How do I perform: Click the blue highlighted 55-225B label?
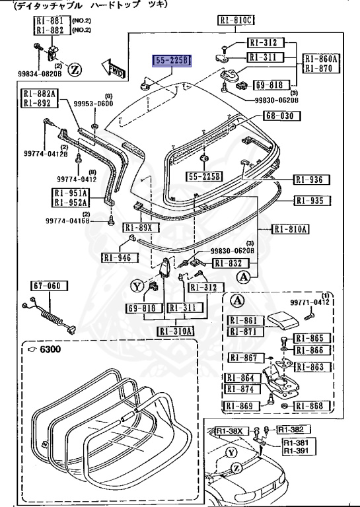(172, 61)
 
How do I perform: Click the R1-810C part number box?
(236, 20)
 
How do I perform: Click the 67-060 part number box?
(46, 286)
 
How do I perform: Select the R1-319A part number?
(176, 331)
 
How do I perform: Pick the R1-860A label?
(322, 59)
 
